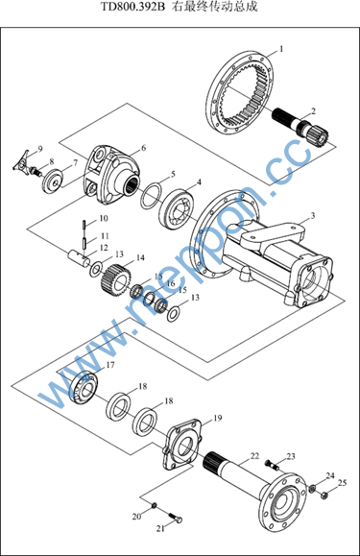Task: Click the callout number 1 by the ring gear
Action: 281,49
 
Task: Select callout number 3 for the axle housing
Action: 313,215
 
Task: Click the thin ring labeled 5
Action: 152,196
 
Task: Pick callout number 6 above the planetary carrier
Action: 143,148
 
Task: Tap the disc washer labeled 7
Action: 54,181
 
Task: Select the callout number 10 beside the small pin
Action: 104,218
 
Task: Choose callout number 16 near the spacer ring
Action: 171,283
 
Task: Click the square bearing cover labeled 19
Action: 182,445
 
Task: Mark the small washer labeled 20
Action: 155,505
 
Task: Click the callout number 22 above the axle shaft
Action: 254,456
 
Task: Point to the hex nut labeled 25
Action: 323,495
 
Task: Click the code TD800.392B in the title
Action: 133,7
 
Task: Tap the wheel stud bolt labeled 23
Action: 272,464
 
